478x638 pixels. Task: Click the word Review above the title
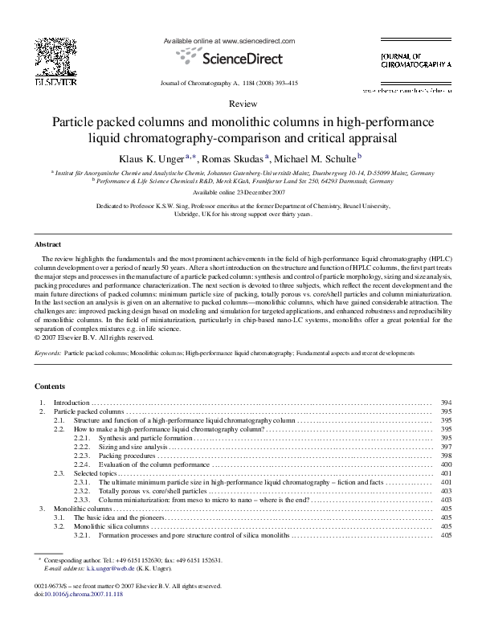[239, 105]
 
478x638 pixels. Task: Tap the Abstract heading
[49, 243]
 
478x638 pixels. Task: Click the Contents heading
[51, 386]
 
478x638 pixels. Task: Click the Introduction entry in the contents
[71, 402]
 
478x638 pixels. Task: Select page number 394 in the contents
[447, 402]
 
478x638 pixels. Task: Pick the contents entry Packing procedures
[126, 456]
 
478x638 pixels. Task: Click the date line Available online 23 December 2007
[239, 193]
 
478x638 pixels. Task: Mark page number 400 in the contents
[447, 464]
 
